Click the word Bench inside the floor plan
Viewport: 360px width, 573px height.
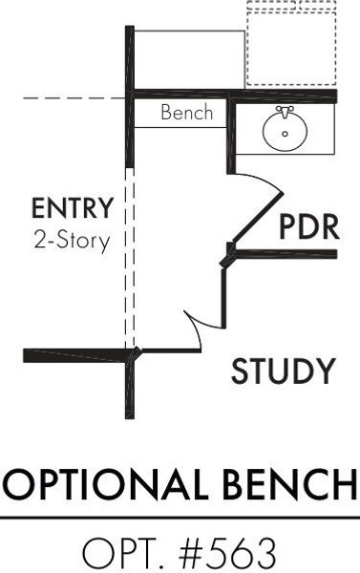pyautogui.click(x=186, y=112)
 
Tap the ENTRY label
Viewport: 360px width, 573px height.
pyautogui.click(x=73, y=208)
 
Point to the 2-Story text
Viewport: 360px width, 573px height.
pyautogui.click(x=72, y=241)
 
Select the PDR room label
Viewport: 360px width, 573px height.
pyautogui.click(x=309, y=227)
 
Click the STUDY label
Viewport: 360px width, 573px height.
pyautogui.click(x=284, y=371)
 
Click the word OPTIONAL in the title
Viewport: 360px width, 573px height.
pyautogui.click(x=105, y=484)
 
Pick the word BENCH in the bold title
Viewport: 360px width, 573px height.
pyautogui.click(x=290, y=484)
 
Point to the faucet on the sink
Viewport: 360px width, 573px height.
pyautogui.click(x=286, y=112)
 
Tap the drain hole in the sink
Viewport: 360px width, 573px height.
pyautogui.click(x=286, y=134)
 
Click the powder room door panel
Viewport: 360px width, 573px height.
pyautogui.click(x=258, y=217)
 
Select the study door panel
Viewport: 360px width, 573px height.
pyautogui.click(x=222, y=297)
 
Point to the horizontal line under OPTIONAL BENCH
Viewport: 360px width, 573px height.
pyautogui.click(x=180, y=518)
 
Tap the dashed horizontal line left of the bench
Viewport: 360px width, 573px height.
pyautogui.click(x=74, y=98)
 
